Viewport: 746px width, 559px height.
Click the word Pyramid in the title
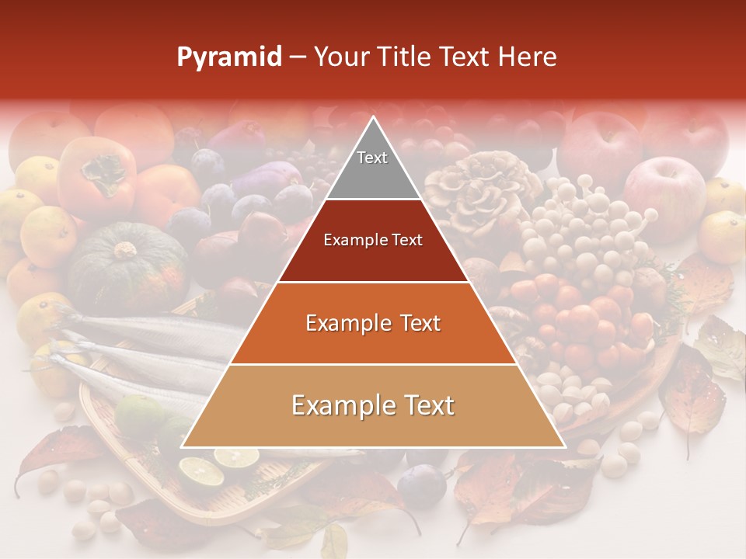[x=228, y=57]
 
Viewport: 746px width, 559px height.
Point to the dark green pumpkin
[x=124, y=268]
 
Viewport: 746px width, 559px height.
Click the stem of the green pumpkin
[x=124, y=250]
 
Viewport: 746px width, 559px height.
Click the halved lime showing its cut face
[x=199, y=470]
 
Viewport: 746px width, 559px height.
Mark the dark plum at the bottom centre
[x=423, y=483]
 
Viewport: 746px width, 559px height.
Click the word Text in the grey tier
[x=372, y=158]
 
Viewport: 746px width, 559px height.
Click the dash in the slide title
[x=298, y=57]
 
